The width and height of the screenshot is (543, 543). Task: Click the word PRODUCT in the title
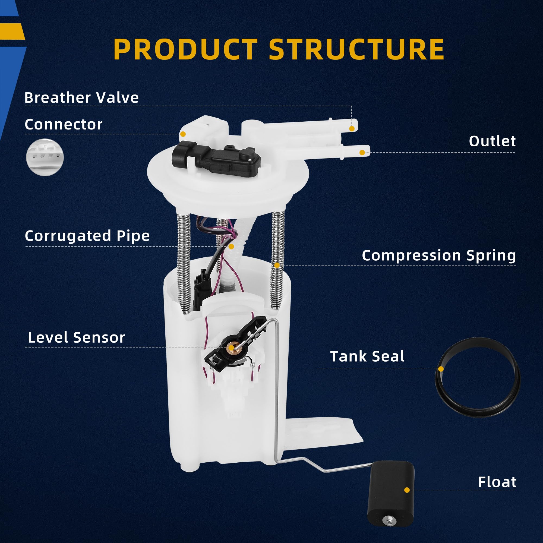click(x=185, y=49)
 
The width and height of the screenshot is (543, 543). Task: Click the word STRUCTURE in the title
click(x=356, y=49)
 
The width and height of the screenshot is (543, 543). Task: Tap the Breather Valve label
click(x=81, y=97)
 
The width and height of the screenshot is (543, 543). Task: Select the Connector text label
click(x=64, y=125)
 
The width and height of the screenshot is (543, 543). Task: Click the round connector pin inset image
click(x=45, y=157)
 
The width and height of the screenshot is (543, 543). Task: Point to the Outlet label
click(x=492, y=141)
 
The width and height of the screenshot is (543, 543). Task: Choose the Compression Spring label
click(x=438, y=255)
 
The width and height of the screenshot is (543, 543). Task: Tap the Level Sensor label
click(x=76, y=337)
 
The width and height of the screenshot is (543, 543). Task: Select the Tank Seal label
click(x=367, y=356)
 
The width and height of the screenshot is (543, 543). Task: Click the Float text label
click(x=497, y=482)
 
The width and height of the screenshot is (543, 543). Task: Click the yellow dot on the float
click(x=407, y=490)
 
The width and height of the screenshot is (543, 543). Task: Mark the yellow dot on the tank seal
click(x=441, y=369)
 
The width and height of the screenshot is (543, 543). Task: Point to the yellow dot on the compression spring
click(x=277, y=265)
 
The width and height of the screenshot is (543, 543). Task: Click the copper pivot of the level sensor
click(x=231, y=348)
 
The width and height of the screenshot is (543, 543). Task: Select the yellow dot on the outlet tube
click(x=362, y=153)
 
